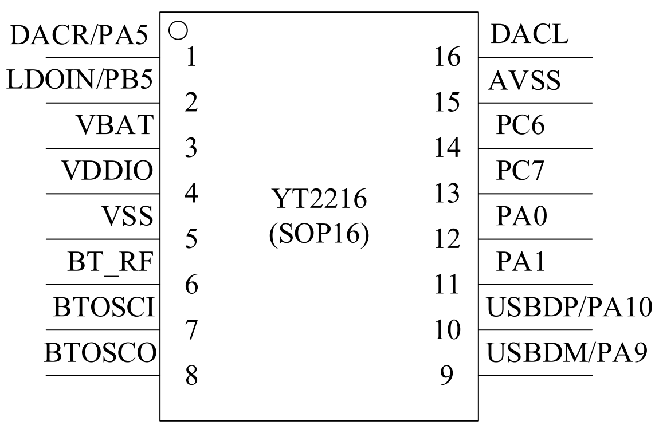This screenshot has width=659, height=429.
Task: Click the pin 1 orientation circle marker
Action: [x=178, y=30]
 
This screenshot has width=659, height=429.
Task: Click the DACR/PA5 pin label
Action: [x=79, y=35]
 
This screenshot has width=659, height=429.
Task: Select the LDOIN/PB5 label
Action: [x=80, y=80]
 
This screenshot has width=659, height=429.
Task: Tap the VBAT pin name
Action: [x=115, y=125]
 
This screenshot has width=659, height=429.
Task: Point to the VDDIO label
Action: [x=108, y=170]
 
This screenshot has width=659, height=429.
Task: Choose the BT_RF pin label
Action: [x=110, y=262]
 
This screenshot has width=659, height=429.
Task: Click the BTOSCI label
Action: [x=104, y=307]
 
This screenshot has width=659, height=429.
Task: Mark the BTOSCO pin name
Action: [x=100, y=352]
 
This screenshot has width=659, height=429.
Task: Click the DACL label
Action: [x=529, y=34]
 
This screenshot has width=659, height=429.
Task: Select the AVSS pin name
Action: [x=524, y=80]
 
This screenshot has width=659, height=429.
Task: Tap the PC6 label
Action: [x=520, y=125]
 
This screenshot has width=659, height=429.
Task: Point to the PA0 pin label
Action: [x=521, y=216]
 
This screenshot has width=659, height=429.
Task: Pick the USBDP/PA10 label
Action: [x=570, y=307]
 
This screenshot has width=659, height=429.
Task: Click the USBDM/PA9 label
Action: [x=567, y=352]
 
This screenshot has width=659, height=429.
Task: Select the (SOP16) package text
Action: [x=319, y=234]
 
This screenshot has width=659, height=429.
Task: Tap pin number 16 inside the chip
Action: [x=447, y=57]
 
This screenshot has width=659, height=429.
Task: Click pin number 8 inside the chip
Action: [x=191, y=375]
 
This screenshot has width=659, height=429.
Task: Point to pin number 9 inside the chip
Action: [x=446, y=375]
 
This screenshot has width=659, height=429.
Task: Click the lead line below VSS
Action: [x=103, y=239]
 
